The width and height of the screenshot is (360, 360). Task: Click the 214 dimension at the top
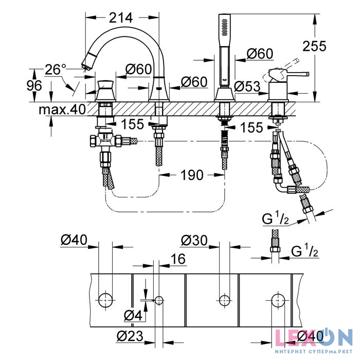coord(121,17)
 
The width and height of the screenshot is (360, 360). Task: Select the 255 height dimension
coord(314,46)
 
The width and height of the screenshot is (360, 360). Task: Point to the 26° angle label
coord(56,69)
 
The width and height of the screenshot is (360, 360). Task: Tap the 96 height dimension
coord(34,86)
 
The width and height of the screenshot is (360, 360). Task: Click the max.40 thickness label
coord(62,109)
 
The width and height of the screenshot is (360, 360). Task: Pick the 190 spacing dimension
coord(192,175)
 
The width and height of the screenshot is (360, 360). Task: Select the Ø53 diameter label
coord(247,86)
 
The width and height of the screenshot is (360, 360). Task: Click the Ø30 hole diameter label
coord(194,240)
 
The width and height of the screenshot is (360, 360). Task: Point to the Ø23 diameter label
coord(130,336)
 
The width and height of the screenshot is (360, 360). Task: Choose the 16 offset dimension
coord(178,259)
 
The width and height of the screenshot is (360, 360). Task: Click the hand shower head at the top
coord(224,25)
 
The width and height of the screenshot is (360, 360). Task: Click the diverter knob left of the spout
coord(105,91)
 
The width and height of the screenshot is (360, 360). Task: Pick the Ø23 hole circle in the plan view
coord(159,300)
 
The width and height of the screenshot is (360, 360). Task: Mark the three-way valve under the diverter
coord(105,140)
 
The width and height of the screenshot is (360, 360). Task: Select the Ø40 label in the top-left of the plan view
coord(74,240)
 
